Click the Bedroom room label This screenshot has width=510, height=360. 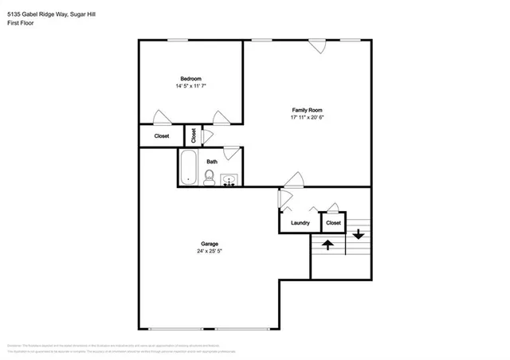tap(190, 78)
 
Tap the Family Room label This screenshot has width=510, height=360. tap(306, 110)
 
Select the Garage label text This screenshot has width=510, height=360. tap(209, 244)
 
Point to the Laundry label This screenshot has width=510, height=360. tap(300, 223)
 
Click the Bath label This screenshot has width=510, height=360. tap(212, 162)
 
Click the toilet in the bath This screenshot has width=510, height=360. tap(209, 178)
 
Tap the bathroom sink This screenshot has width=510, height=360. tap(229, 180)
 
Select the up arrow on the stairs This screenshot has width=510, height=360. tap(327, 244)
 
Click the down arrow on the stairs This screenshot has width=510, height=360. tap(358, 233)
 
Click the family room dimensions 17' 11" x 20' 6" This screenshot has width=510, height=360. tap(306, 117)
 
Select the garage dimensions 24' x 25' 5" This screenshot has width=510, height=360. tap(209, 251)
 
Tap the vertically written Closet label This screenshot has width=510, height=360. tap(193, 135)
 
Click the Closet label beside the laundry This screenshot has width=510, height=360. tap(333, 223)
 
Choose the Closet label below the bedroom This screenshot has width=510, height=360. tap(161, 136)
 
